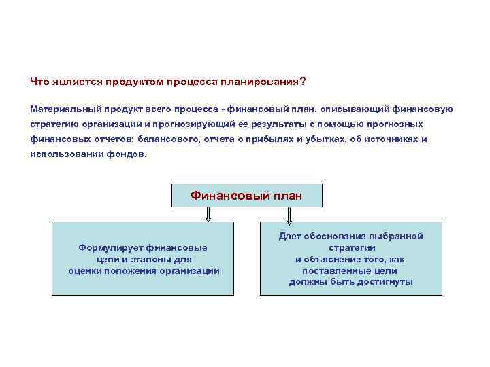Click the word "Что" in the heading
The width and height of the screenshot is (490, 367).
[x=40, y=82]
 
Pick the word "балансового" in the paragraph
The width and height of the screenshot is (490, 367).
[x=166, y=139]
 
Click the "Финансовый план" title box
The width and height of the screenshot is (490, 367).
[x=246, y=196]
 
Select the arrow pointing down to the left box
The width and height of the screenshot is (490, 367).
[x=208, y=214]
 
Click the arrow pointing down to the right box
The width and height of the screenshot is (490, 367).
[x=289, y=214]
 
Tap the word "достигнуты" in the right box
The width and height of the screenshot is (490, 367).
[x=388, y=283]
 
